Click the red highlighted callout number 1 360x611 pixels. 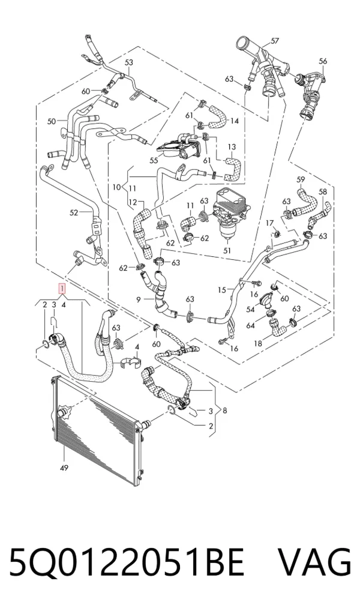click(62, 289)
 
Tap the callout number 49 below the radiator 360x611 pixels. click(64, 468)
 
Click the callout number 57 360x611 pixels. click(275, 41)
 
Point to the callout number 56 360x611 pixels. click(323, 61)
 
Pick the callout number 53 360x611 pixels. click(128, 62)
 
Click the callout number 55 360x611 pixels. click(154, 160)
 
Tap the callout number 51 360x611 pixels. click(227, 250)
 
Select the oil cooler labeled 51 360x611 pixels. click(224, 212)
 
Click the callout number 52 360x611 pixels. click(74, 212)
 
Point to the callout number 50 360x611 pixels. click(52, 121)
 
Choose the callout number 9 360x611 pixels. click(139, 299)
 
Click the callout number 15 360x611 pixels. click(222, 290)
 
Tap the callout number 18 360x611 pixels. click(258, 344)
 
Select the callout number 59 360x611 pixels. click(301, 179)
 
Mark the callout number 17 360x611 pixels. click(269, 223)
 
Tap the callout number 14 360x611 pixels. click(234, 121)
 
